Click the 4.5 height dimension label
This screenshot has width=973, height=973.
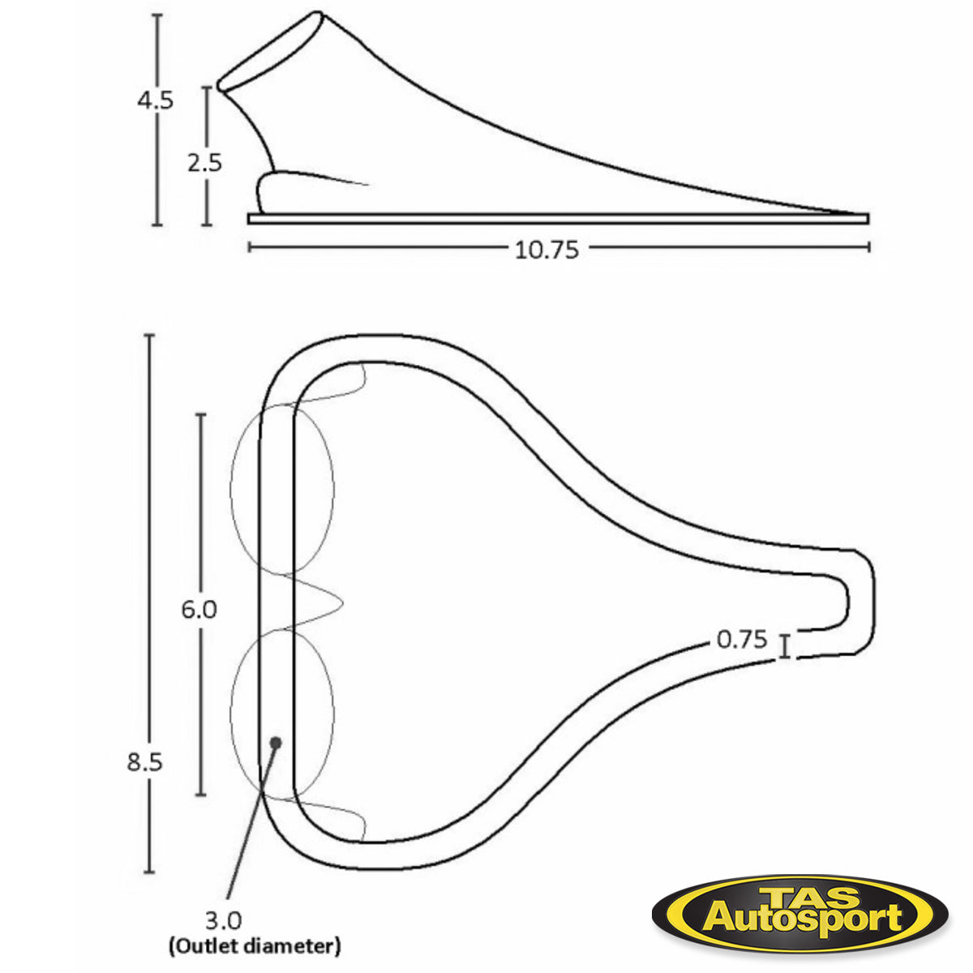tap(155, 101)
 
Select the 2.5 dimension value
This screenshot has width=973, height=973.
tap(204, 162)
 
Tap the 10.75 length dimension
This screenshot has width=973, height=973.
tap(547, 249)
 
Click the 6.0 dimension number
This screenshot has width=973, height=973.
tap(199, 609)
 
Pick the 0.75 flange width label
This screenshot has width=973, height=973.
tap(742, 640)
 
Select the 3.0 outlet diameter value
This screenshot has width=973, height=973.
tap(223, 920)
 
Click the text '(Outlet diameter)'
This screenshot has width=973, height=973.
tap(255, 945)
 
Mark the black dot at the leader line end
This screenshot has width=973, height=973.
tap(276, 742)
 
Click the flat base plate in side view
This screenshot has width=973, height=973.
tap(558, 218)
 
